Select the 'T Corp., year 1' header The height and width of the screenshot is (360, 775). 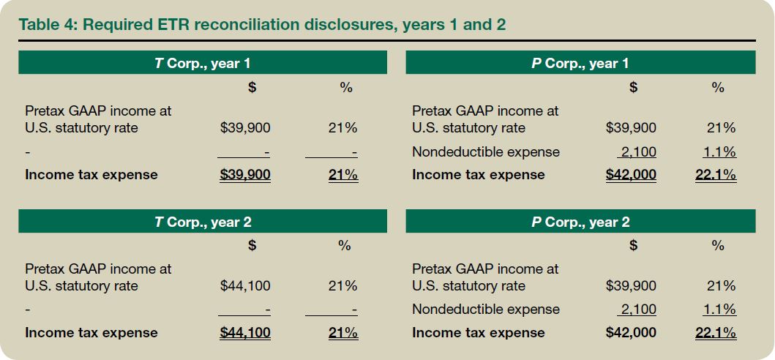point(203,63)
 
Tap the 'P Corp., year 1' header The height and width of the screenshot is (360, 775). point(580,63)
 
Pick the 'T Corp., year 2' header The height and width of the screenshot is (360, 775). point(203,222)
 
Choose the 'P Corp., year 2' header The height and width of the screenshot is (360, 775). point(580,222)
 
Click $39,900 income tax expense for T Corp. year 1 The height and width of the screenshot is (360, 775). point(245,175)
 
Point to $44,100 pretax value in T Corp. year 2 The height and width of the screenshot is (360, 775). point(245,285)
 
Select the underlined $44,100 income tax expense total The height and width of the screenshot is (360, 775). point(245,333)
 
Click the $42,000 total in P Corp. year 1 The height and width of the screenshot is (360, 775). point(631,175)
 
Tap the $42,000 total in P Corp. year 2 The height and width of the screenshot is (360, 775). point(631,333)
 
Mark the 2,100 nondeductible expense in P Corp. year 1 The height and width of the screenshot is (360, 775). point(637,152)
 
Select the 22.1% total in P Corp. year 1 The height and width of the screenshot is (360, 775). point(716,175)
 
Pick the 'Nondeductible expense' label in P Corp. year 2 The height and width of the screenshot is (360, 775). point(486,310)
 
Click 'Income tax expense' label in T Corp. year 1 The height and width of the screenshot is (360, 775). point(91,175)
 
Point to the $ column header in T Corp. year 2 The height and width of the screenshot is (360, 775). point(252,246)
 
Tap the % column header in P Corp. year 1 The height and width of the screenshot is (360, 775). point(718,88)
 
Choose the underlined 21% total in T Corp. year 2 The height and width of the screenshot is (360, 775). point(342,333)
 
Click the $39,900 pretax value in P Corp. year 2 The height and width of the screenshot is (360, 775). point(631,285)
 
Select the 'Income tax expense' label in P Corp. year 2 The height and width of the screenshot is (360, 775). point(479,333)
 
